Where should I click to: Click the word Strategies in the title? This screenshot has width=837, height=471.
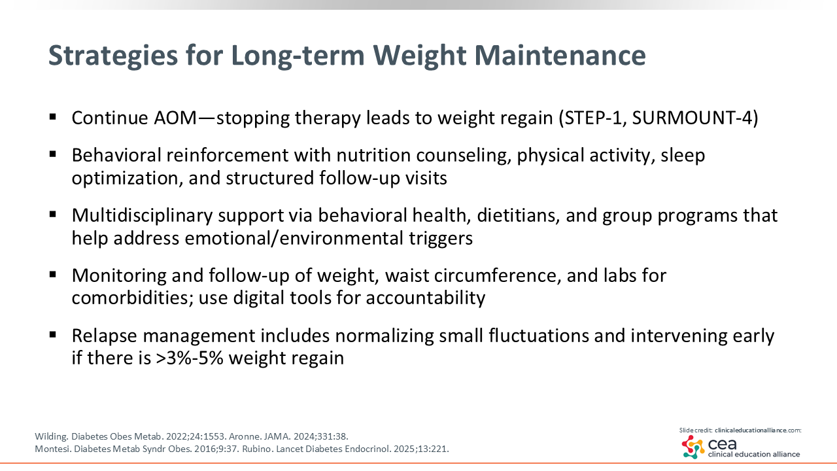[x=113, y=56]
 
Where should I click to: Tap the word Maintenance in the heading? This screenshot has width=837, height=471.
[x=560, y=56]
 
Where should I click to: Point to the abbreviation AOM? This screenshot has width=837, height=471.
[x=175, y=118]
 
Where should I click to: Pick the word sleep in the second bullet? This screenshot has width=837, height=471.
[x=683, y=156]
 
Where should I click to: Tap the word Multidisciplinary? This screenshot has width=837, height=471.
[x=142, y=216]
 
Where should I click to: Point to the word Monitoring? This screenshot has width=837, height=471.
[x=119, y=276]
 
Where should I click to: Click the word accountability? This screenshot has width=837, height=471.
[x=425, y=298]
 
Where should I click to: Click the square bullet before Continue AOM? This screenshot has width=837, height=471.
[x=53, y=117]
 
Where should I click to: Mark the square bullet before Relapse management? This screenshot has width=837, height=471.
[x=53, y=335]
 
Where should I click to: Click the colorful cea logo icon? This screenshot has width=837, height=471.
[x=693, y=447]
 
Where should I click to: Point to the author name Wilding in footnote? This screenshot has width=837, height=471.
[x=51, y=436]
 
